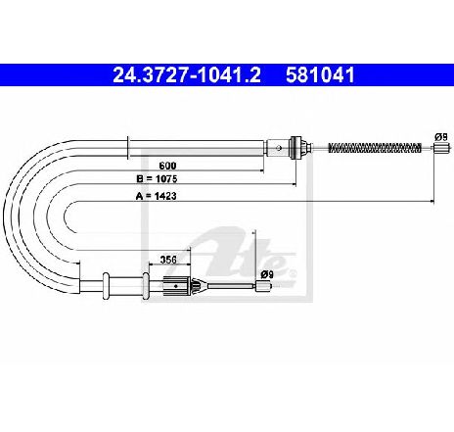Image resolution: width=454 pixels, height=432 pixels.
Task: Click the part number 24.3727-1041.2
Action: (x=187, y=75)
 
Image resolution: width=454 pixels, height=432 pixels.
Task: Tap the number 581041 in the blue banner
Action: (x=320, y=75)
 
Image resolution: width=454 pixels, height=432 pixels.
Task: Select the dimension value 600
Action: (x=167, y=166)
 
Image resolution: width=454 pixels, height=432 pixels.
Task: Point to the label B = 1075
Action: (x=157, y=179)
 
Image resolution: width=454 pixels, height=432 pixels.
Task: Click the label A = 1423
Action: (x=156, y=196)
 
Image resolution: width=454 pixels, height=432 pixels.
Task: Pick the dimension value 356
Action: (x=168, y=260)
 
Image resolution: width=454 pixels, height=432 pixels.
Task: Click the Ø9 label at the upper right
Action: (x=441, y=137)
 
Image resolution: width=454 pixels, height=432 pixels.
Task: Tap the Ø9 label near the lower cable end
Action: (x=266, y=274)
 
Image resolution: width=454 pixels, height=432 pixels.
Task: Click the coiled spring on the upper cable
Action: (x=375, y=148)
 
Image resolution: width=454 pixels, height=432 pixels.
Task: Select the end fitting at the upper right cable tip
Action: (x=439, y=148)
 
